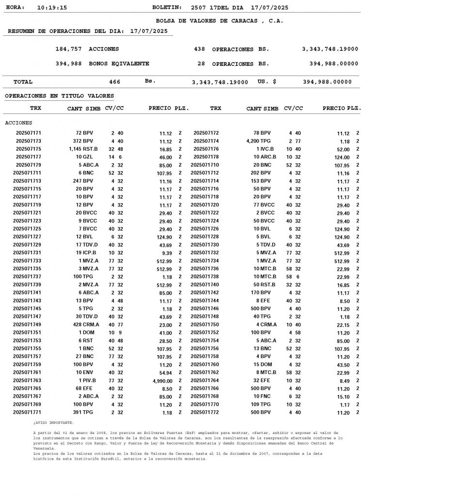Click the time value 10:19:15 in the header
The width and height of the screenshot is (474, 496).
coord(52,8)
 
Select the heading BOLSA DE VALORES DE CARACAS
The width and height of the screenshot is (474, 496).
coord(219,21)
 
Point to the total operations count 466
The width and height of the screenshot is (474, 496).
coord(114,82)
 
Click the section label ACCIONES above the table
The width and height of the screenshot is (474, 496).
coord(18,123)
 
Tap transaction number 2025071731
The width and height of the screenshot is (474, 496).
coord(27,253)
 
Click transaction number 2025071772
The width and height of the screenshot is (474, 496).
coord(205,413)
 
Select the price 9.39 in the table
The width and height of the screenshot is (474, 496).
coord(165,253)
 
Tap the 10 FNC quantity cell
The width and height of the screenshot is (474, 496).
coord(262,397)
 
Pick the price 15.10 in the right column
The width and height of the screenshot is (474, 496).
coord(343,397)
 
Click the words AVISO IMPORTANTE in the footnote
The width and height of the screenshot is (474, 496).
coord(54,423)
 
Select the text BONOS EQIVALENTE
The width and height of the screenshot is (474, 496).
coord(119,64)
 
